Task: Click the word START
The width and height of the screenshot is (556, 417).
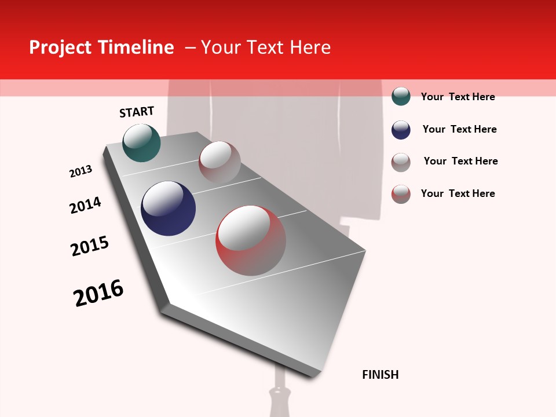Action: point(137,112)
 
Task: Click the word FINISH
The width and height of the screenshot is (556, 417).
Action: point(380,375)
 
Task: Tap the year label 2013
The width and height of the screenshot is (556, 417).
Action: point(81,171)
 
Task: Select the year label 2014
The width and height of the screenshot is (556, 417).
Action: point(85,205)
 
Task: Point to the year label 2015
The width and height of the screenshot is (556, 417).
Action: point(90,246)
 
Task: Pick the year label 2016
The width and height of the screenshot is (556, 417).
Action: point(98,293)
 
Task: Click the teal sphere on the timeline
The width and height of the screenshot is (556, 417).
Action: point(141,142)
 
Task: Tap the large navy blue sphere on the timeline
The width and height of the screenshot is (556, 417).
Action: point(168,209)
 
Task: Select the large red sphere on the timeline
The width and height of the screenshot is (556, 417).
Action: point(251,240)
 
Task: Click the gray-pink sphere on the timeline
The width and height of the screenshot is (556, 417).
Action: point(220,162)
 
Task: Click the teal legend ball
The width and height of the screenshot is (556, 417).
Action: point(401,96)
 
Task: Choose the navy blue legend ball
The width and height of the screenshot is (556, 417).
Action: point(401,130)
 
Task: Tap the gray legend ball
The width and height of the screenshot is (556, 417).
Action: point(401,162)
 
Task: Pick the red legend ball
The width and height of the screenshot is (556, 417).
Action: point(401,194)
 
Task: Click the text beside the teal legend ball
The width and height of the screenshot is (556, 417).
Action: point(458,97)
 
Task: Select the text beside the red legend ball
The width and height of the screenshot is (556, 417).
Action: point(458,193)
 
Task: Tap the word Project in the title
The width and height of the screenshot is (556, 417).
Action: point(61,47)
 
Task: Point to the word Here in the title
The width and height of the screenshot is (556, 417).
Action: point(310,47)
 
